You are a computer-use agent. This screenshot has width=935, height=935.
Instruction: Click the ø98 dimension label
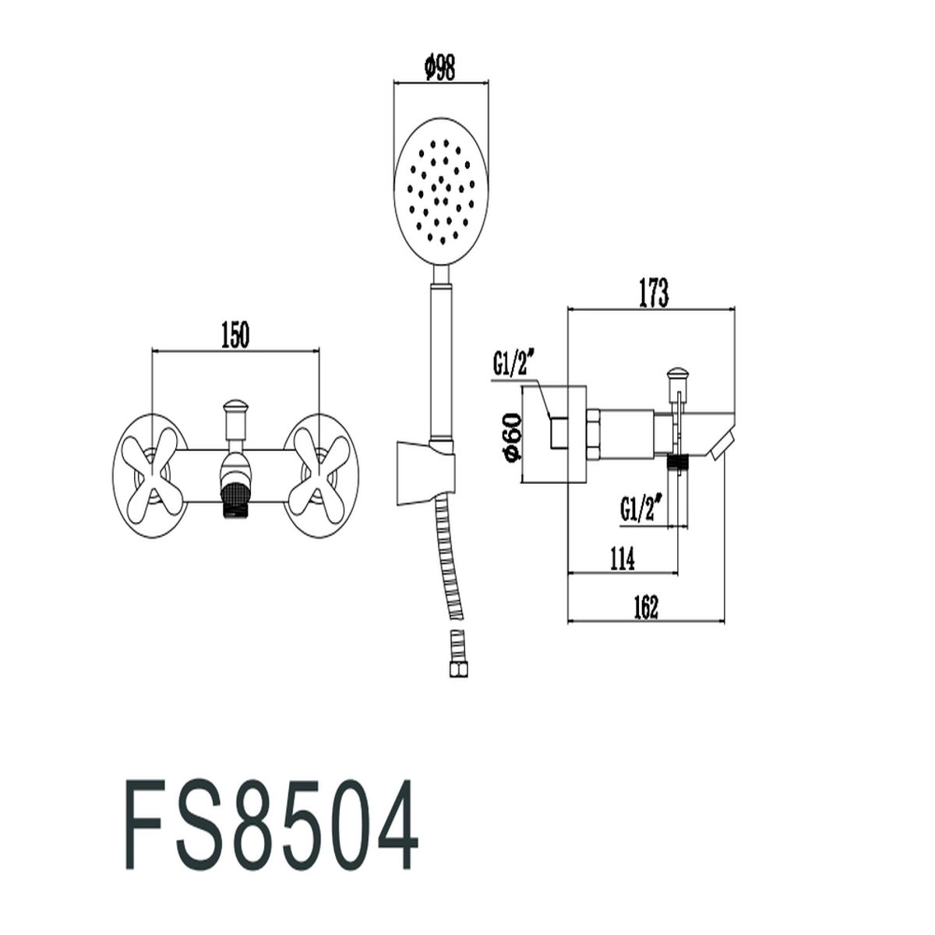pos(439,69)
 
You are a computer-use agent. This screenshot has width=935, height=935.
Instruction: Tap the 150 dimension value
pos(235,335)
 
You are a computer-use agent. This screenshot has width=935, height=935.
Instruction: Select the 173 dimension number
pos(653,293)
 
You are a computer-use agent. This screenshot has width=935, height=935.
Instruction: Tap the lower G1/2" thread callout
pos(642,506)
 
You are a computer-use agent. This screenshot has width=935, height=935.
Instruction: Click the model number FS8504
pos(270,820)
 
